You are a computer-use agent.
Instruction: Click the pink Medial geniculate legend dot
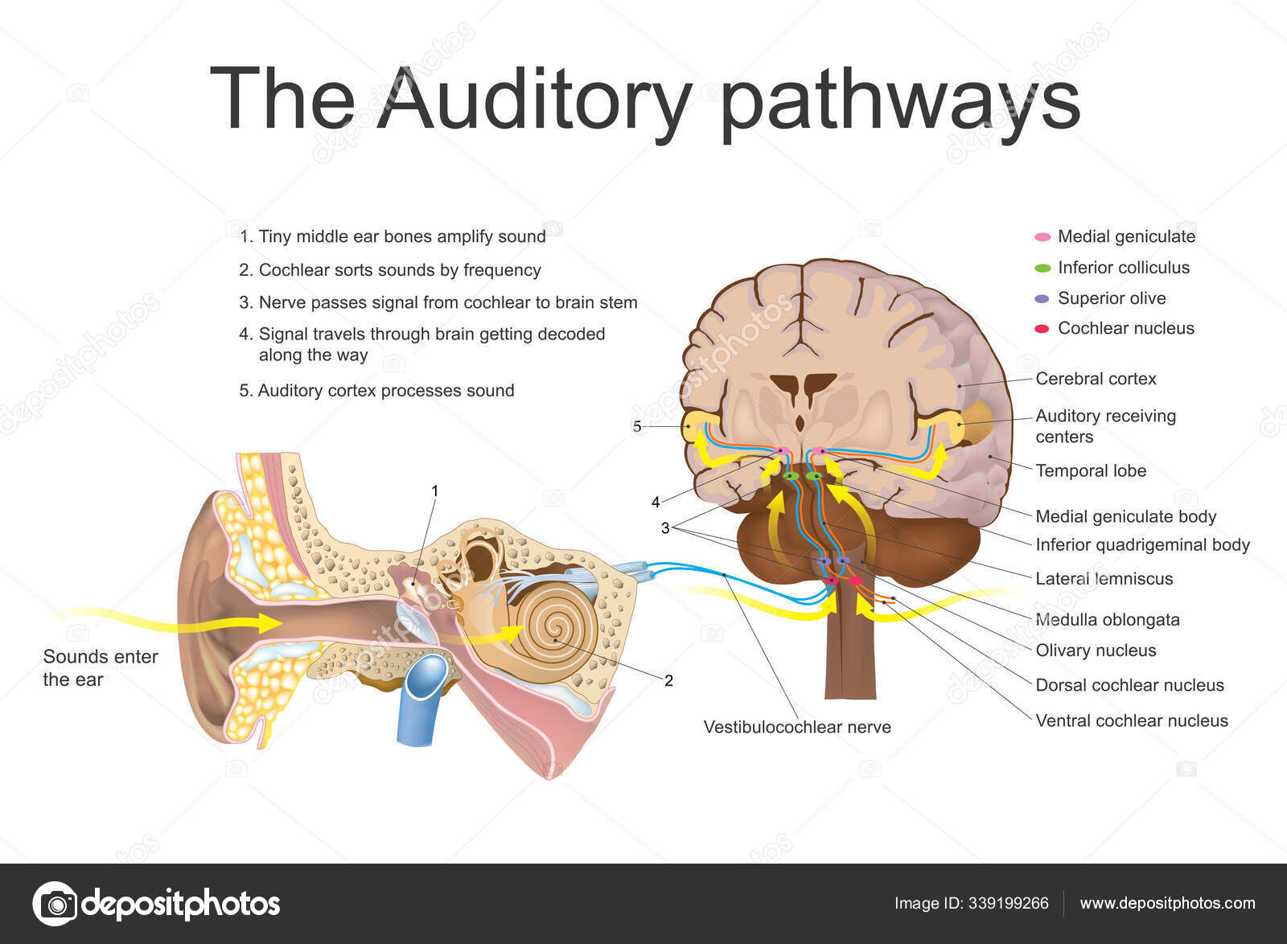click(x=1042, y=237)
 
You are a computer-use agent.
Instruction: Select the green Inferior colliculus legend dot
click(x=1042, y=268)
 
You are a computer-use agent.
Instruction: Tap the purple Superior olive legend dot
click(x=1042, y=298)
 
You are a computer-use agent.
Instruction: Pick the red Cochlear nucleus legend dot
click(x=1042, y=329)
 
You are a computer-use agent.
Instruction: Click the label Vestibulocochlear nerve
click(x=797, y=728)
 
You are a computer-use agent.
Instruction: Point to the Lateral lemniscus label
click(x=1104, y=579)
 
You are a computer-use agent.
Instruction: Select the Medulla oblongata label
click(x=1108, y=620)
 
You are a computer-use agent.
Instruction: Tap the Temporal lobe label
click(x=1091, y=471)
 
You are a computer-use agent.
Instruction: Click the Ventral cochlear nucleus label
click(x=1132, y=720)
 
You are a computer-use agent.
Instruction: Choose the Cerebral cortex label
click(x=1096, y=379)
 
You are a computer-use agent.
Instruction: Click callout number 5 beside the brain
click(x=637, y=427)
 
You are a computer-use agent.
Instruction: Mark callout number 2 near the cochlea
click(x=668, y=681)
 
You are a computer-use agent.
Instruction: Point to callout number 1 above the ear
click(x=435, y=491)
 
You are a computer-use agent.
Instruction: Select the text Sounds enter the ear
click(x=101, y=668)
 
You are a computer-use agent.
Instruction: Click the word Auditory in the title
click(x=534, y=100)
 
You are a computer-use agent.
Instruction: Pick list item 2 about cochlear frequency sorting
click(x=390, y=270)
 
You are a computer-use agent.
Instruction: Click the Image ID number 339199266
click(x=1009, y=903)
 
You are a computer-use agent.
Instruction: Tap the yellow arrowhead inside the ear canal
click(x=270, y=623)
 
